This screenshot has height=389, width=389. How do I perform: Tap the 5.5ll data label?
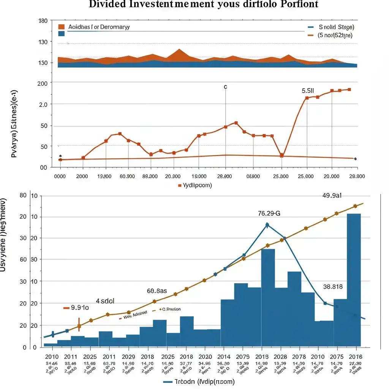click(x=308, y=91)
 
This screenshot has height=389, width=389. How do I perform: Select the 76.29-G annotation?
click(x=269, y=213)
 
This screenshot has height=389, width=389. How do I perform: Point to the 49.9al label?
click(x=332, y=196)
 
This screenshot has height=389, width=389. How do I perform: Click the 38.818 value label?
click(x=333, y=287)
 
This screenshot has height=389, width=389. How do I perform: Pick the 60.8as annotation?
click(x=157, y=291)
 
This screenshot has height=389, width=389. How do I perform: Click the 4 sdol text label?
click(x=105, y=301)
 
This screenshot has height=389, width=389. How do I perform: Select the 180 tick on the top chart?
click(x=43, y=21)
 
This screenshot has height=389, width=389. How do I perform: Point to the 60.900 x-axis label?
click(x=127, y=177)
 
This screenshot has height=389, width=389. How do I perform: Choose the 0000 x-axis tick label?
click(x=60, y=177)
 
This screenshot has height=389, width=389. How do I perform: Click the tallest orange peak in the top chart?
click(x=180, y=51)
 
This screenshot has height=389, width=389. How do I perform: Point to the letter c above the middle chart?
click(x=225, y=87)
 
